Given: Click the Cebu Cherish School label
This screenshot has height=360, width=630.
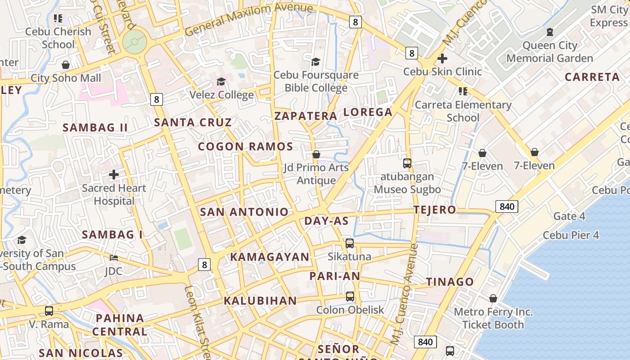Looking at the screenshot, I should click(x=58, y=38).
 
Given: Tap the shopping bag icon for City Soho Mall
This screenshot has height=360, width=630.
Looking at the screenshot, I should click(x=66, y=65).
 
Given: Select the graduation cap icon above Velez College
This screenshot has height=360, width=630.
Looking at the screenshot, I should click(x=221, y=81).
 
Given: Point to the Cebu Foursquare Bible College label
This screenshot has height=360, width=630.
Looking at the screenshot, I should click(x=316, y=81).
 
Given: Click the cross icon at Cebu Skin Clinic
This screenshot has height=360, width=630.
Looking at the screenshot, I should click(x=442, y=58).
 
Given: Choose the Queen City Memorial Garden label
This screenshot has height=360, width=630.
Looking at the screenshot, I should click(x=549, y=52).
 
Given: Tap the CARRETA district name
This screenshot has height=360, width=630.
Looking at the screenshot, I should click(x=592, y=77).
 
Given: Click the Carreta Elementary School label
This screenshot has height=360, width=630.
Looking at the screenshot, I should click(x=463, y=111).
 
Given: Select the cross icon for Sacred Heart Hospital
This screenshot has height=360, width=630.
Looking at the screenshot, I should click(x=114, y=174).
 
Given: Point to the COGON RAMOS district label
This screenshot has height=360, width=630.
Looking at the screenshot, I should click(x=246, y=147).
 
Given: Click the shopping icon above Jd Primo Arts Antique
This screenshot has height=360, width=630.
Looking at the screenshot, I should click(x=316, y=154).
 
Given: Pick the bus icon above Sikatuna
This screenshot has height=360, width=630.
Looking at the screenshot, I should click(x=350, y=243).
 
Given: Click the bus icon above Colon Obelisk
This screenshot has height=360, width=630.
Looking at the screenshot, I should click(x=350, y=297).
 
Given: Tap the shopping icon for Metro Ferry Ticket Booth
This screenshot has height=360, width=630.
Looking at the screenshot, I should click(x=493, y=298).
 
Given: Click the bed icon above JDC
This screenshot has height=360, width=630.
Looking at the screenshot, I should click(x=114, y=258).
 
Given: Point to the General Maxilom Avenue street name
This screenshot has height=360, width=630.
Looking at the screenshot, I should click(x=248, y=19).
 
